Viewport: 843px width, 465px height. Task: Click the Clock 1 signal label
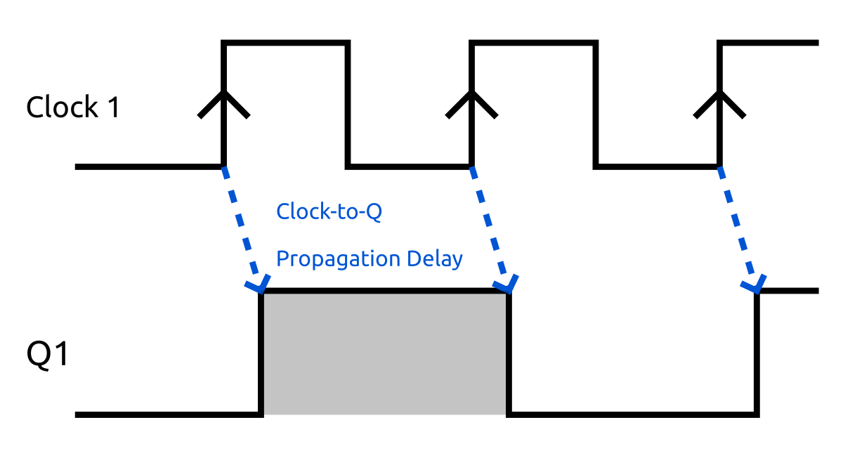pos(72,107)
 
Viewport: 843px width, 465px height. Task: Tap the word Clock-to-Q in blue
pos(329,211)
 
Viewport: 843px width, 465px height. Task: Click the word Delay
pos(435,258)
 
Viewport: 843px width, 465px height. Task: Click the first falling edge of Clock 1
pos(348,105)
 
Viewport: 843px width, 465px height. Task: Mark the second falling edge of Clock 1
pos(596,105)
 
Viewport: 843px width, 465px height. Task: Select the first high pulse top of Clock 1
pos(285,44)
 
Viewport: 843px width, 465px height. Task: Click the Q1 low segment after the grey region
pos(632,414)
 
